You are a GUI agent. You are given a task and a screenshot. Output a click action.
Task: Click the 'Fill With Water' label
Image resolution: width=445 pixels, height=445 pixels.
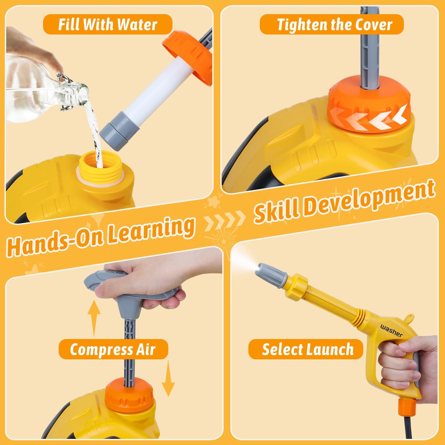[x=107, y=24]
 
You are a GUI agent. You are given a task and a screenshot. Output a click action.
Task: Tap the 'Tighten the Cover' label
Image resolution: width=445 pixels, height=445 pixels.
[x=332, y=24]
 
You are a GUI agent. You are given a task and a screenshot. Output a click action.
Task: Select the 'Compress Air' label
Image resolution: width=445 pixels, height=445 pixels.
[x=113, y=349]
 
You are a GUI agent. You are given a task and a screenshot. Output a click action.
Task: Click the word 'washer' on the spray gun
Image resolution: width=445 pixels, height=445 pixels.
[x=391, y=330]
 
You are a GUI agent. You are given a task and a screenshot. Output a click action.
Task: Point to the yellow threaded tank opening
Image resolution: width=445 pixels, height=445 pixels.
[x=101, y=168]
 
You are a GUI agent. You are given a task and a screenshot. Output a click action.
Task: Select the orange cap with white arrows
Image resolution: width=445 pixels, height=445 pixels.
[x=369, y=105]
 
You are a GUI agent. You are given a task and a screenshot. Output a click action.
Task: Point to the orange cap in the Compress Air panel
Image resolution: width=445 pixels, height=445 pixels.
[x=129, y=396]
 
